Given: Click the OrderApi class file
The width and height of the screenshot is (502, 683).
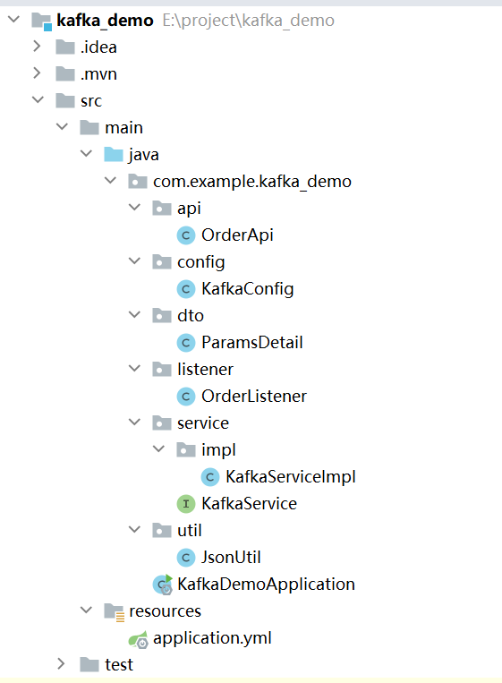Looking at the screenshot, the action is (x=237, y=235).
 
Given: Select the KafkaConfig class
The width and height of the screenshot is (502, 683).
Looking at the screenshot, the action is (x=247, y=289).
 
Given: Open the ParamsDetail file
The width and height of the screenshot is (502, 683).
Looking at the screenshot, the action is (x=251, y=342).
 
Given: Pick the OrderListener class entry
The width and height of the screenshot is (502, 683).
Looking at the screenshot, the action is (x=254, y=397).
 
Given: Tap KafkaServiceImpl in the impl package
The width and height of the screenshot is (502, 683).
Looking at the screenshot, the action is (x=291, y=477).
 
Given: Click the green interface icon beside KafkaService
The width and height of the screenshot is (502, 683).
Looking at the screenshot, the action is (x=186, y=504).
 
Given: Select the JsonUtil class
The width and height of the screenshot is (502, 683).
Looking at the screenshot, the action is (x=231, y=558).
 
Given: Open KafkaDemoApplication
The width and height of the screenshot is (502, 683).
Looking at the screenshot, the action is (x=266, y=585).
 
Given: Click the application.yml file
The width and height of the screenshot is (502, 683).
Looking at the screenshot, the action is (x=212, y=638).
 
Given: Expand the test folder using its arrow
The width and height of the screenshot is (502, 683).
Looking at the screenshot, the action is (x=62, y=664).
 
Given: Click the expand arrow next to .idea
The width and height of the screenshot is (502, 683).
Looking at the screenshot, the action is (x=37, y=47).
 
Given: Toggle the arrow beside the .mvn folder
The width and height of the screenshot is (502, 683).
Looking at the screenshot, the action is (x=37, y=73).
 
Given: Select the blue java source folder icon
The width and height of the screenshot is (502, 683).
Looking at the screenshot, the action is (x=114, y=154).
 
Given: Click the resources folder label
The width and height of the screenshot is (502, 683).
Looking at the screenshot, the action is (x=165, y=611).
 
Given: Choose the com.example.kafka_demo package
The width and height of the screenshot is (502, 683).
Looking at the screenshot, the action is (x=252, y=181).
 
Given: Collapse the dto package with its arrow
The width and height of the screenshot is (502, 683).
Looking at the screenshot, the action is (x=135, y=314).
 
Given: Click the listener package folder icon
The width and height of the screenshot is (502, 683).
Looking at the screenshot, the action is (x=162, y=370).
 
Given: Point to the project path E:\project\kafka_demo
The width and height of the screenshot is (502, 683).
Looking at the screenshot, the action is (x=248, y=21).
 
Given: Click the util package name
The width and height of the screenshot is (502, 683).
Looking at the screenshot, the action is (x=190, y=531).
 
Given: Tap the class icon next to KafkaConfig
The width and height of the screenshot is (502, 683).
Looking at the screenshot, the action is (x=186, y=289).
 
